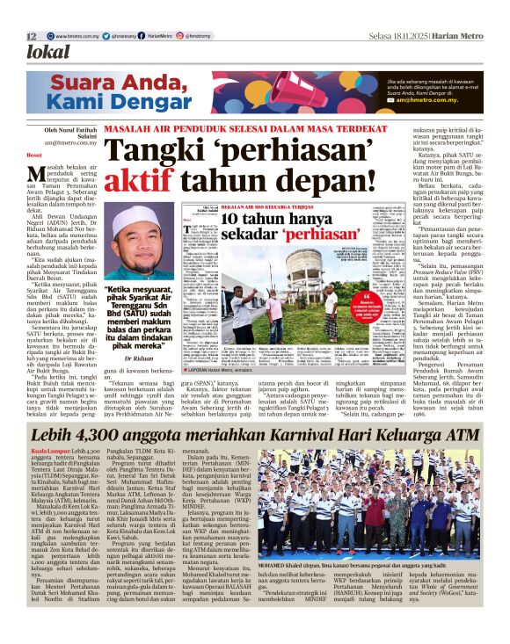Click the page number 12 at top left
pos(31,36)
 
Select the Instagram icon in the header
pos(181,36)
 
